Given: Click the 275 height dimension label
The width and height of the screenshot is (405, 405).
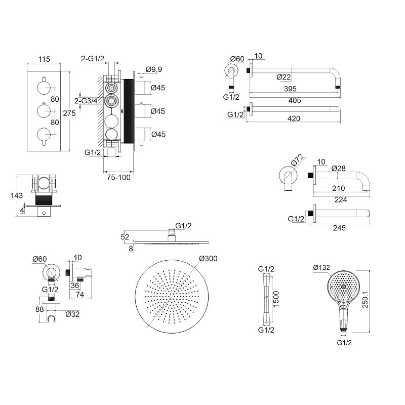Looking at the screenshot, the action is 69,113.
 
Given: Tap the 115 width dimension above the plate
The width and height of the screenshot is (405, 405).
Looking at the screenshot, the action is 44,59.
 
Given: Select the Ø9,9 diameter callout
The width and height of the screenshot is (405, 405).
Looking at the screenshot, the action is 154,69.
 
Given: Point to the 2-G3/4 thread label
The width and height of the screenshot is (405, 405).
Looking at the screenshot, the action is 86,101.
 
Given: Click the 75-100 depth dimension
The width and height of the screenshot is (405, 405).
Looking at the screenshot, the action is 118,178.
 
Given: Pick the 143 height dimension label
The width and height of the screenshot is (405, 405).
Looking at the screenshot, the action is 17,195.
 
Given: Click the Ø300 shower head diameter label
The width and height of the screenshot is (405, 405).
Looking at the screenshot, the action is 208,258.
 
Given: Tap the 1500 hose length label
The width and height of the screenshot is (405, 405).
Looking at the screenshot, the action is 276,299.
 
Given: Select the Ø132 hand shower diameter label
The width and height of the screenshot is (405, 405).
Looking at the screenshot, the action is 321,268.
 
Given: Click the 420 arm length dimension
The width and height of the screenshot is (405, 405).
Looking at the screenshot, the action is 294,118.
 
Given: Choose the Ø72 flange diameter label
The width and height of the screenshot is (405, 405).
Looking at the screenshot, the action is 298,160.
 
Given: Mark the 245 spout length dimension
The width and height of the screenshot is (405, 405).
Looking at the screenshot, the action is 339,228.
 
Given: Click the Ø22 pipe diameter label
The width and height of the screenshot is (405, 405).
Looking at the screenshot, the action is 283,77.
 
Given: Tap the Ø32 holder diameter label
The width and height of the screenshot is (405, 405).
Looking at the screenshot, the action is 72,314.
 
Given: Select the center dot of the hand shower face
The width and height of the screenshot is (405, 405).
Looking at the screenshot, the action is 343,287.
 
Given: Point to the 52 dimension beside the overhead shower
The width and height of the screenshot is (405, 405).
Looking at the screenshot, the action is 125,237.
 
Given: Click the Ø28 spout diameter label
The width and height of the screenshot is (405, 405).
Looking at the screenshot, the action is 338,169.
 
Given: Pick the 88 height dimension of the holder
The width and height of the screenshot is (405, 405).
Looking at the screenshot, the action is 39,309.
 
